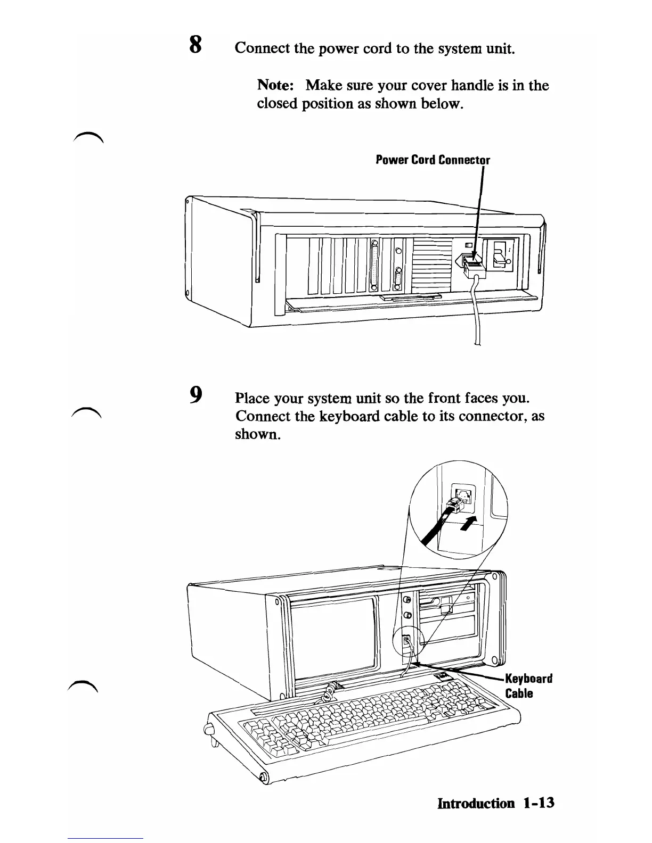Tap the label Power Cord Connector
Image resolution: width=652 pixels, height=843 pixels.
pos(433,160)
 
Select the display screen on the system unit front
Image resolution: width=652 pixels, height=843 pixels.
pos(332,638)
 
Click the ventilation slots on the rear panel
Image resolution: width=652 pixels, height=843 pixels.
pos(431,263)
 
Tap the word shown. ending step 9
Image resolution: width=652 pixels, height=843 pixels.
pos(257,434)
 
